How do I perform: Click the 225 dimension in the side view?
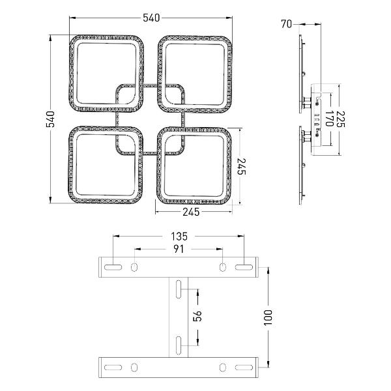click(341, 117)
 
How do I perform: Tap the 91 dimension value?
click(179, 249)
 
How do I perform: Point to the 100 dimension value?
click(268, 317)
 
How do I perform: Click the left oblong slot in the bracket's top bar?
click(113, 267)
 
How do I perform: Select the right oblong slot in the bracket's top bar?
click(244, 267)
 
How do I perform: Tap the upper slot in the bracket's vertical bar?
click(179, 287)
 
